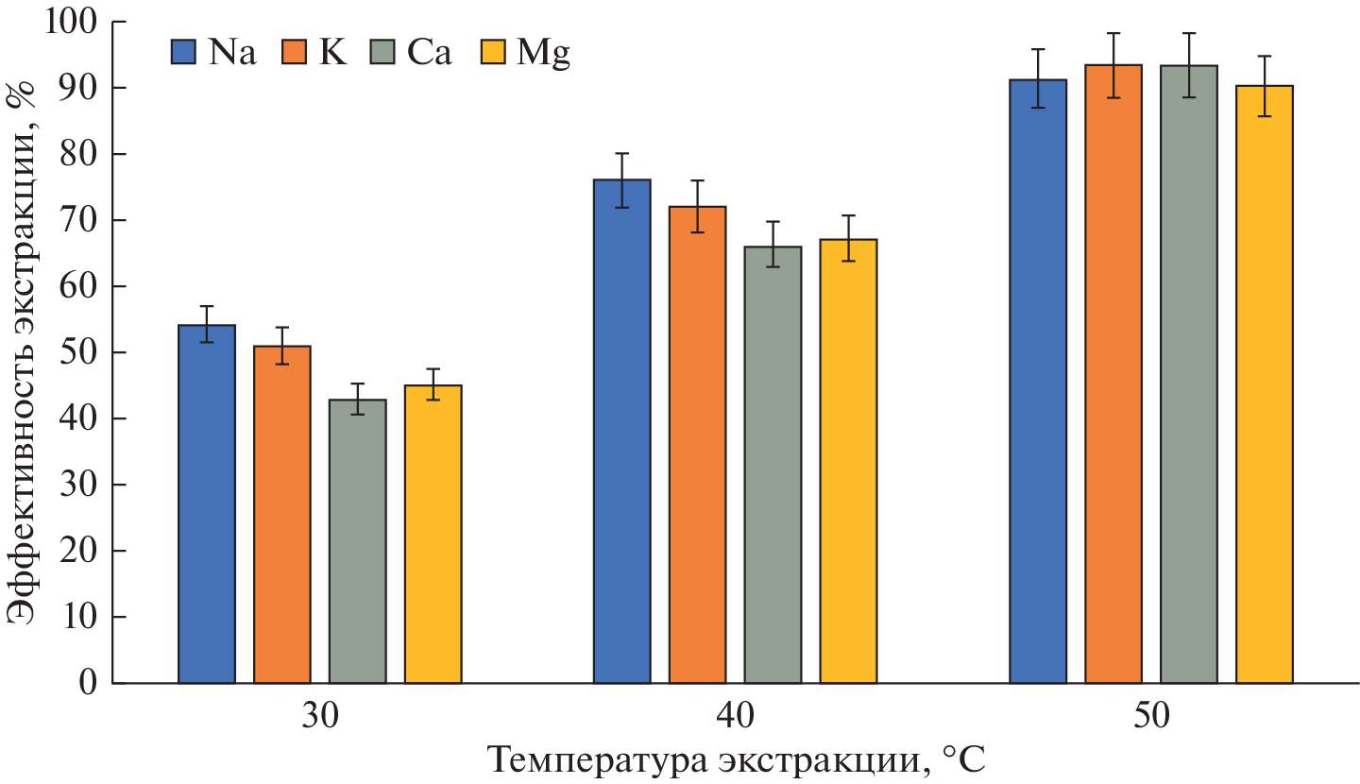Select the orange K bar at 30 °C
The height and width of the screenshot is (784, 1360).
(282, 515)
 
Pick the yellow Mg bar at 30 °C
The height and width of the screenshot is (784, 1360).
(433, 534)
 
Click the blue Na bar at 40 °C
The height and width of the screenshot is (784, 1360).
(622, 431)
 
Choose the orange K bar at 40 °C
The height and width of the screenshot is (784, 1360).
(698, 444)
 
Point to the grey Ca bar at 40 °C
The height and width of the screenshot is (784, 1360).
(773, 464)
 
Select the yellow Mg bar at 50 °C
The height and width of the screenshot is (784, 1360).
(1265, 383)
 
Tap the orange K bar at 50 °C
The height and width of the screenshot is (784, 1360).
(1113, 373)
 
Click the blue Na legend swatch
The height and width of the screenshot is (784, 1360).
(184, 53)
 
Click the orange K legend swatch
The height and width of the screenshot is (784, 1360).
(294, 53)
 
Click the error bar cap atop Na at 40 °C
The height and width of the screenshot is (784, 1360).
(622, 153)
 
